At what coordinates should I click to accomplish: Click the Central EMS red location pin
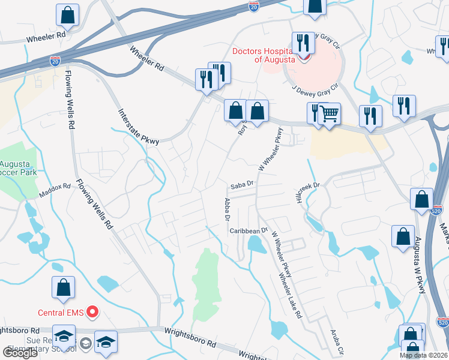pyautogui.click(x=92, y=311)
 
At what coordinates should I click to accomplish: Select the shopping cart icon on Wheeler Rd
pyautogui.click(x=329, y=113)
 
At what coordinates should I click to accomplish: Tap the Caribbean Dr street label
pyautogui.click(x=247, y=230)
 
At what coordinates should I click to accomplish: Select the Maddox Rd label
pyautogui.click(x=55, y=191)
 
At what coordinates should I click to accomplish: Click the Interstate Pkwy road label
pyautogui.click(x=139, y=127)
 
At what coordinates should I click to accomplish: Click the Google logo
pyautogui.click(x=20, y=353)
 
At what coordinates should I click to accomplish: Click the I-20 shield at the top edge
pyautogui.click(x=253, y=6)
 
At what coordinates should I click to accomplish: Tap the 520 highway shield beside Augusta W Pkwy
pyautogui.click(x=436, y=211)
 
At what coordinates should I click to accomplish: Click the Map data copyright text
pyautogui.click(x=424, y=355)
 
